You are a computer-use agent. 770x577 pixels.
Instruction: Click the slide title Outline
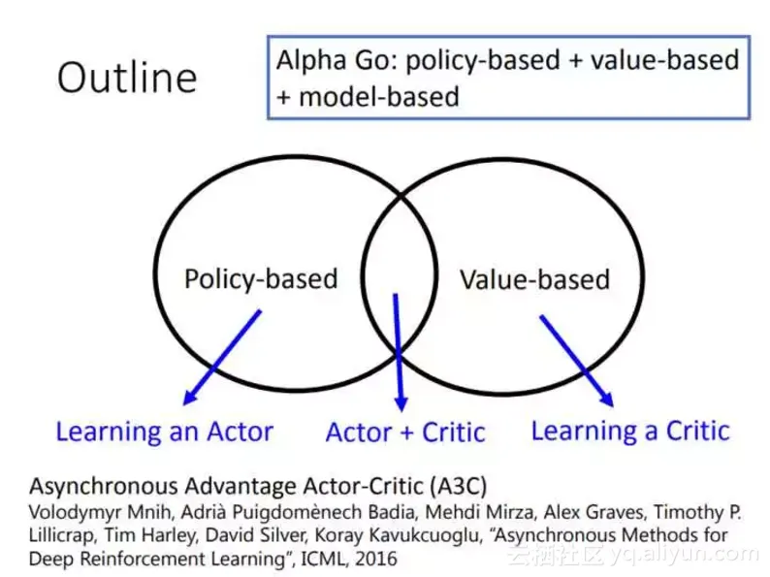(127, 78)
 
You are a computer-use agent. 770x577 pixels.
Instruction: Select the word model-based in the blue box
(379, 96)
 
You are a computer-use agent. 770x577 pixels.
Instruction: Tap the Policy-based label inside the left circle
(261, 279)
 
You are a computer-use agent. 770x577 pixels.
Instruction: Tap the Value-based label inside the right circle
(534, 280)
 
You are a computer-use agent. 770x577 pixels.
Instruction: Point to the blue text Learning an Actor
(165, 433)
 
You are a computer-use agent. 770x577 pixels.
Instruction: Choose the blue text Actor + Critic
(405, 433)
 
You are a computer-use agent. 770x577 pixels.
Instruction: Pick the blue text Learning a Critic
(630, 432)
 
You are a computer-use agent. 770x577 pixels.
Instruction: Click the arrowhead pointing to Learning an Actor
(189, 398)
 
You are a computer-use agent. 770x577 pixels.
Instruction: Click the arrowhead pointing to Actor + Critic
(401, 403)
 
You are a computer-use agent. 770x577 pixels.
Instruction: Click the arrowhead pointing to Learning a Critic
(607, 399)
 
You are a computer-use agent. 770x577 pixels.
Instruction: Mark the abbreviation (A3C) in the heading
(458, 486)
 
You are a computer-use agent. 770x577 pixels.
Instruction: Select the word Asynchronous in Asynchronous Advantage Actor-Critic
(104, 487)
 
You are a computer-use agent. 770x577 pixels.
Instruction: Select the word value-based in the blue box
(665, 60)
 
